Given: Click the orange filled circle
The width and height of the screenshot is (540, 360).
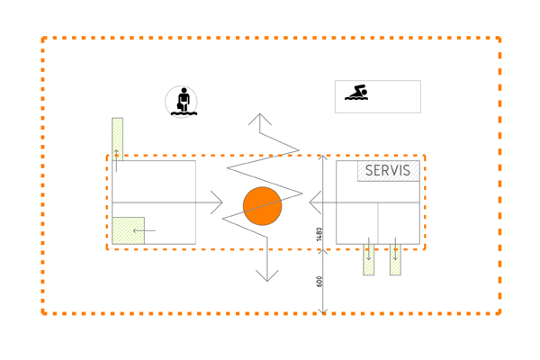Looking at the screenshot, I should [263, 206].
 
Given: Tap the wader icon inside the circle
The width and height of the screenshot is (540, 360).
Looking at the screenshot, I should [182, 101].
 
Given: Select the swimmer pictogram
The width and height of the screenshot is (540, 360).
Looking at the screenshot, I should [356, 93].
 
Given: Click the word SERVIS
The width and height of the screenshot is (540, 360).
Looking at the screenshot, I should [388, 170].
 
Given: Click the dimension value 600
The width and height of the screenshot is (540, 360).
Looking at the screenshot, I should [319, 282].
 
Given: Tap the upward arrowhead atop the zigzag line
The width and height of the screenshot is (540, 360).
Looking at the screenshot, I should [261, 118].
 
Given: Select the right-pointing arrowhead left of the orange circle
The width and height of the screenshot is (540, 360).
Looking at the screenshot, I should [217, 202].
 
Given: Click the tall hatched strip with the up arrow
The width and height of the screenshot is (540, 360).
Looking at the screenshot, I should [117, 139].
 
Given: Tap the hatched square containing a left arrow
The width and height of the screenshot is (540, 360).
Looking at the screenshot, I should [128, 230].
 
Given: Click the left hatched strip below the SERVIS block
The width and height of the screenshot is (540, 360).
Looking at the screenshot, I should [369, 257].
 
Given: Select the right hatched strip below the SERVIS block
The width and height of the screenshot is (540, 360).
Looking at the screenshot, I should [395, 257].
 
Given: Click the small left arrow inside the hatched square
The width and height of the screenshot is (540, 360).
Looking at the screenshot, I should [141, 231].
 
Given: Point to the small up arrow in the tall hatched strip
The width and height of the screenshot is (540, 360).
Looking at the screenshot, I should [117, 154].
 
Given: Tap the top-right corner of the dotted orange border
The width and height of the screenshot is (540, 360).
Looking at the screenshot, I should [499, 39].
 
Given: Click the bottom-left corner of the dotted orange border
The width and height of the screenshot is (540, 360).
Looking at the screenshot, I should [43, 313].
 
